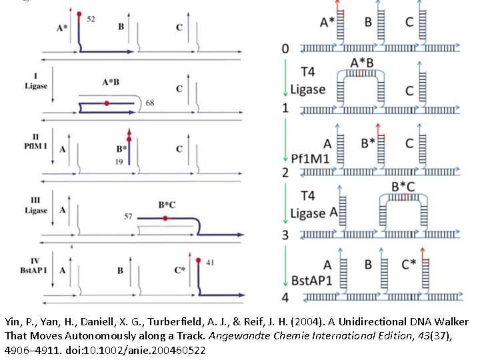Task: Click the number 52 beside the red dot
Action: (91, 19)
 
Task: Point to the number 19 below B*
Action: (118, 162)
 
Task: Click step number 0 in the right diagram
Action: (285, 49)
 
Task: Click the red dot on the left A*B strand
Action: (107, 103)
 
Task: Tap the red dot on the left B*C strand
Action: (165, 218)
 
